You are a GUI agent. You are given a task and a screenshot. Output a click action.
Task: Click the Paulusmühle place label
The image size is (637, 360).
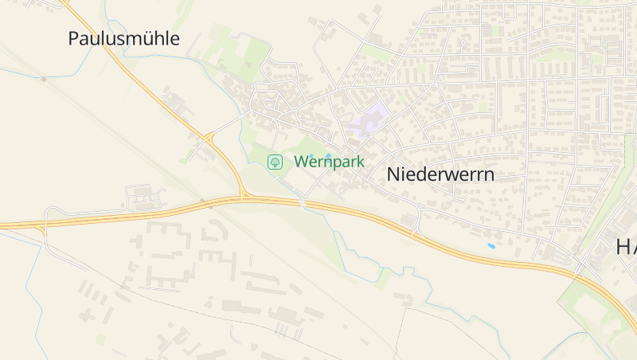coord(123,38)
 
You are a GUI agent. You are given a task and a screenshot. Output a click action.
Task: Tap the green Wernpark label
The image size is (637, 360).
coord(329,162)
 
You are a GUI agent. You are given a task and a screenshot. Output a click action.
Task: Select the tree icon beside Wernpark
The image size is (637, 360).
coord(275,162)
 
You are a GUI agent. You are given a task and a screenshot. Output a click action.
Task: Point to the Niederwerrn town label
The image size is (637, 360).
coord(440,174)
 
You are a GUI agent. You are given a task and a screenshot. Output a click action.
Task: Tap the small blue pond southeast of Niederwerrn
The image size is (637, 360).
coord(491,246)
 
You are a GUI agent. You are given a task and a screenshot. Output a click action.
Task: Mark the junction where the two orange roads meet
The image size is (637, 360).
coord(243,196)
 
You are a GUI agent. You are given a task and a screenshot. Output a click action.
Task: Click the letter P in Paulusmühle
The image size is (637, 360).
coord(74,38)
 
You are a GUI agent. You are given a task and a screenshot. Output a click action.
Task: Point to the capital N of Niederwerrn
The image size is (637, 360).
coord(393,174)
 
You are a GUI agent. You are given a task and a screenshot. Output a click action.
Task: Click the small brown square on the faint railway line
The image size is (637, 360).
coord(44,79)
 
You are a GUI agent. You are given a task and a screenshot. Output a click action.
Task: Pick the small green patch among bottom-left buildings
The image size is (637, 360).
coord(100,339)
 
